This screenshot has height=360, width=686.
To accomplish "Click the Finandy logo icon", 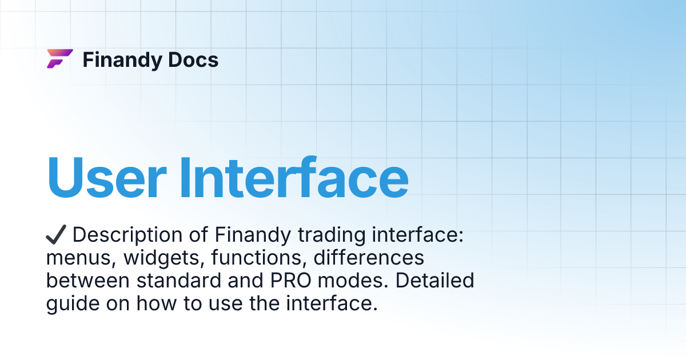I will pos(59,59).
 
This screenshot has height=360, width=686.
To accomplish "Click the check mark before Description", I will pos(57,234).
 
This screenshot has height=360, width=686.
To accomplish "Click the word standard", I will pos(176,281).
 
